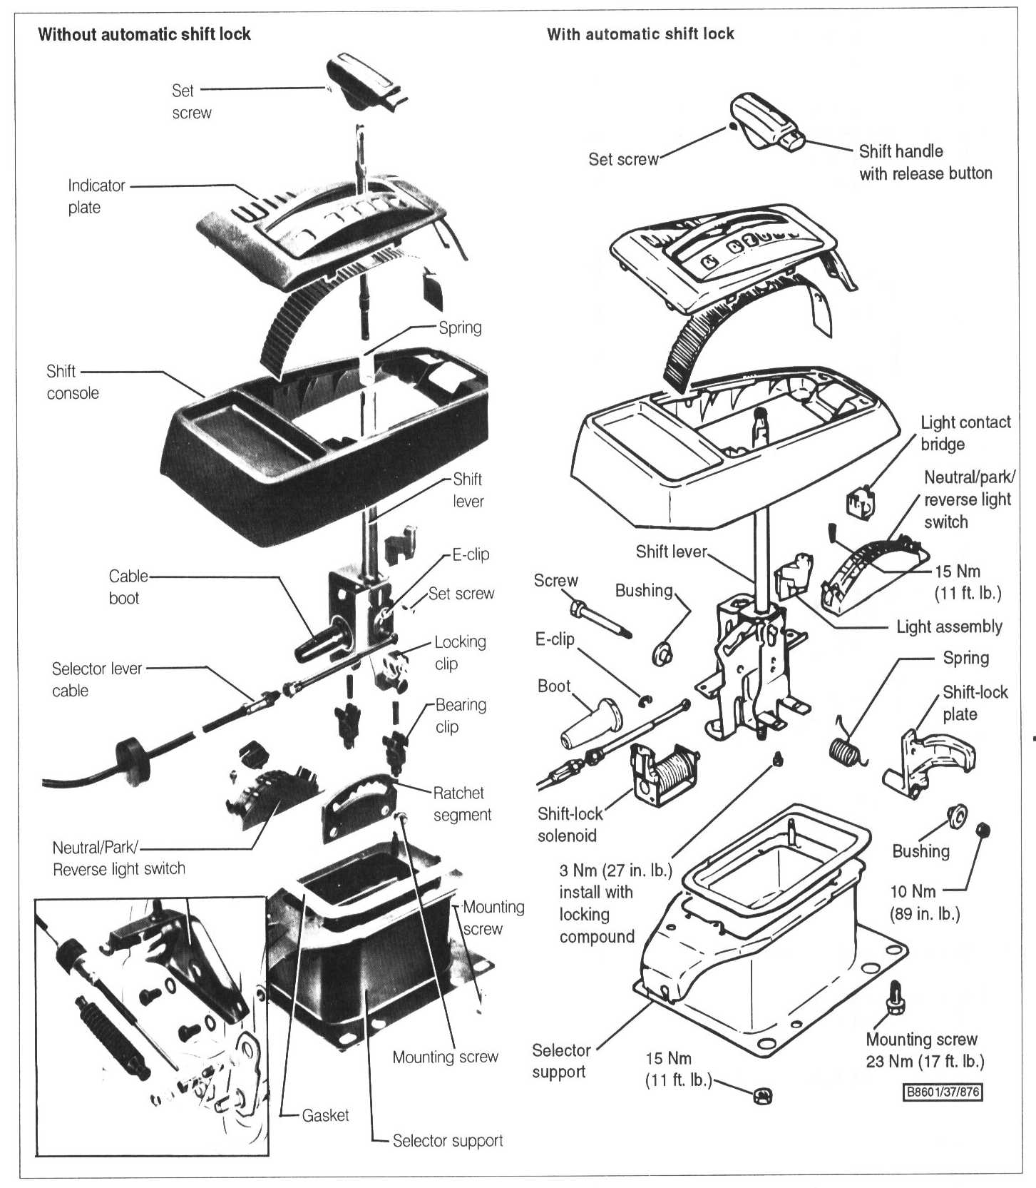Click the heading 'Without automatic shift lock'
(144, 34)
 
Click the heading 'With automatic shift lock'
(640, 34)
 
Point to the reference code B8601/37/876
(942, 1092)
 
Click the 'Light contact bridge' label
(965, 433)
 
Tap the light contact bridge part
(860, 503)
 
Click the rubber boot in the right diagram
(588, 724)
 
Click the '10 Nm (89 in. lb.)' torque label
(924, 902)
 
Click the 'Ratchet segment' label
(461, 803)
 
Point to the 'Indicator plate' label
(96, 196)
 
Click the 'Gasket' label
(325, 1115)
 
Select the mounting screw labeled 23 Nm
(896, 997)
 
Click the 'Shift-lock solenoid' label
(570, 824)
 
